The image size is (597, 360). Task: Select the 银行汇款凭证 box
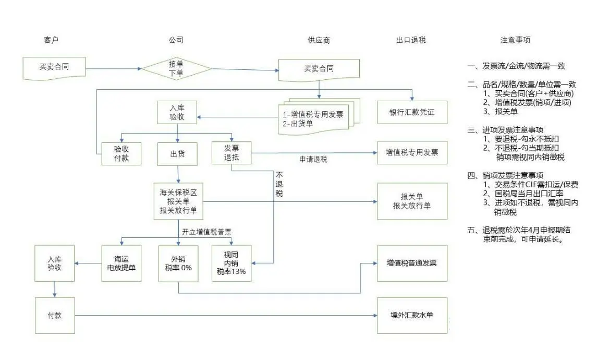click(x=412, y=112)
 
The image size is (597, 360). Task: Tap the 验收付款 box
click(x=121, y=153)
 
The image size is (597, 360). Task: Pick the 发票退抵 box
click(x=232, y=153)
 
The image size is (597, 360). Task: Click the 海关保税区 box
click(x=178, y=201)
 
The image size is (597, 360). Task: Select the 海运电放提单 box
click(x=121, y=263)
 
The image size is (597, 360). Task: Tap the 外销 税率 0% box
click(x=178, y=263)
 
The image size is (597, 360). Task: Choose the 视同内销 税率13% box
click(x=231, y=263)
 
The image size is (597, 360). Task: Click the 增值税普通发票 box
click(x=412, y=263)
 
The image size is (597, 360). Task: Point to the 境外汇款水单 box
click(x=412, y=316)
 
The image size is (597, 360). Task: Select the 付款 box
click(x=54, y=316)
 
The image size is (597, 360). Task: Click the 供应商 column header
click(x=319, y=40)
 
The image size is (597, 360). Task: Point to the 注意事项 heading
click(x=515, y=40)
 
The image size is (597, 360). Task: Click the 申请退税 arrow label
click(x=313, y=160)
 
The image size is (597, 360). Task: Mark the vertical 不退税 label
click(x=279, y=184)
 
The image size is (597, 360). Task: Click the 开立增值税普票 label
click(x=206, y=232)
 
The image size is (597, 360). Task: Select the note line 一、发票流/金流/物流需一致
click(x=516, y=66)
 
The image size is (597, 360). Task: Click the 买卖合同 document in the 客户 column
click(x=54, y=68)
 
